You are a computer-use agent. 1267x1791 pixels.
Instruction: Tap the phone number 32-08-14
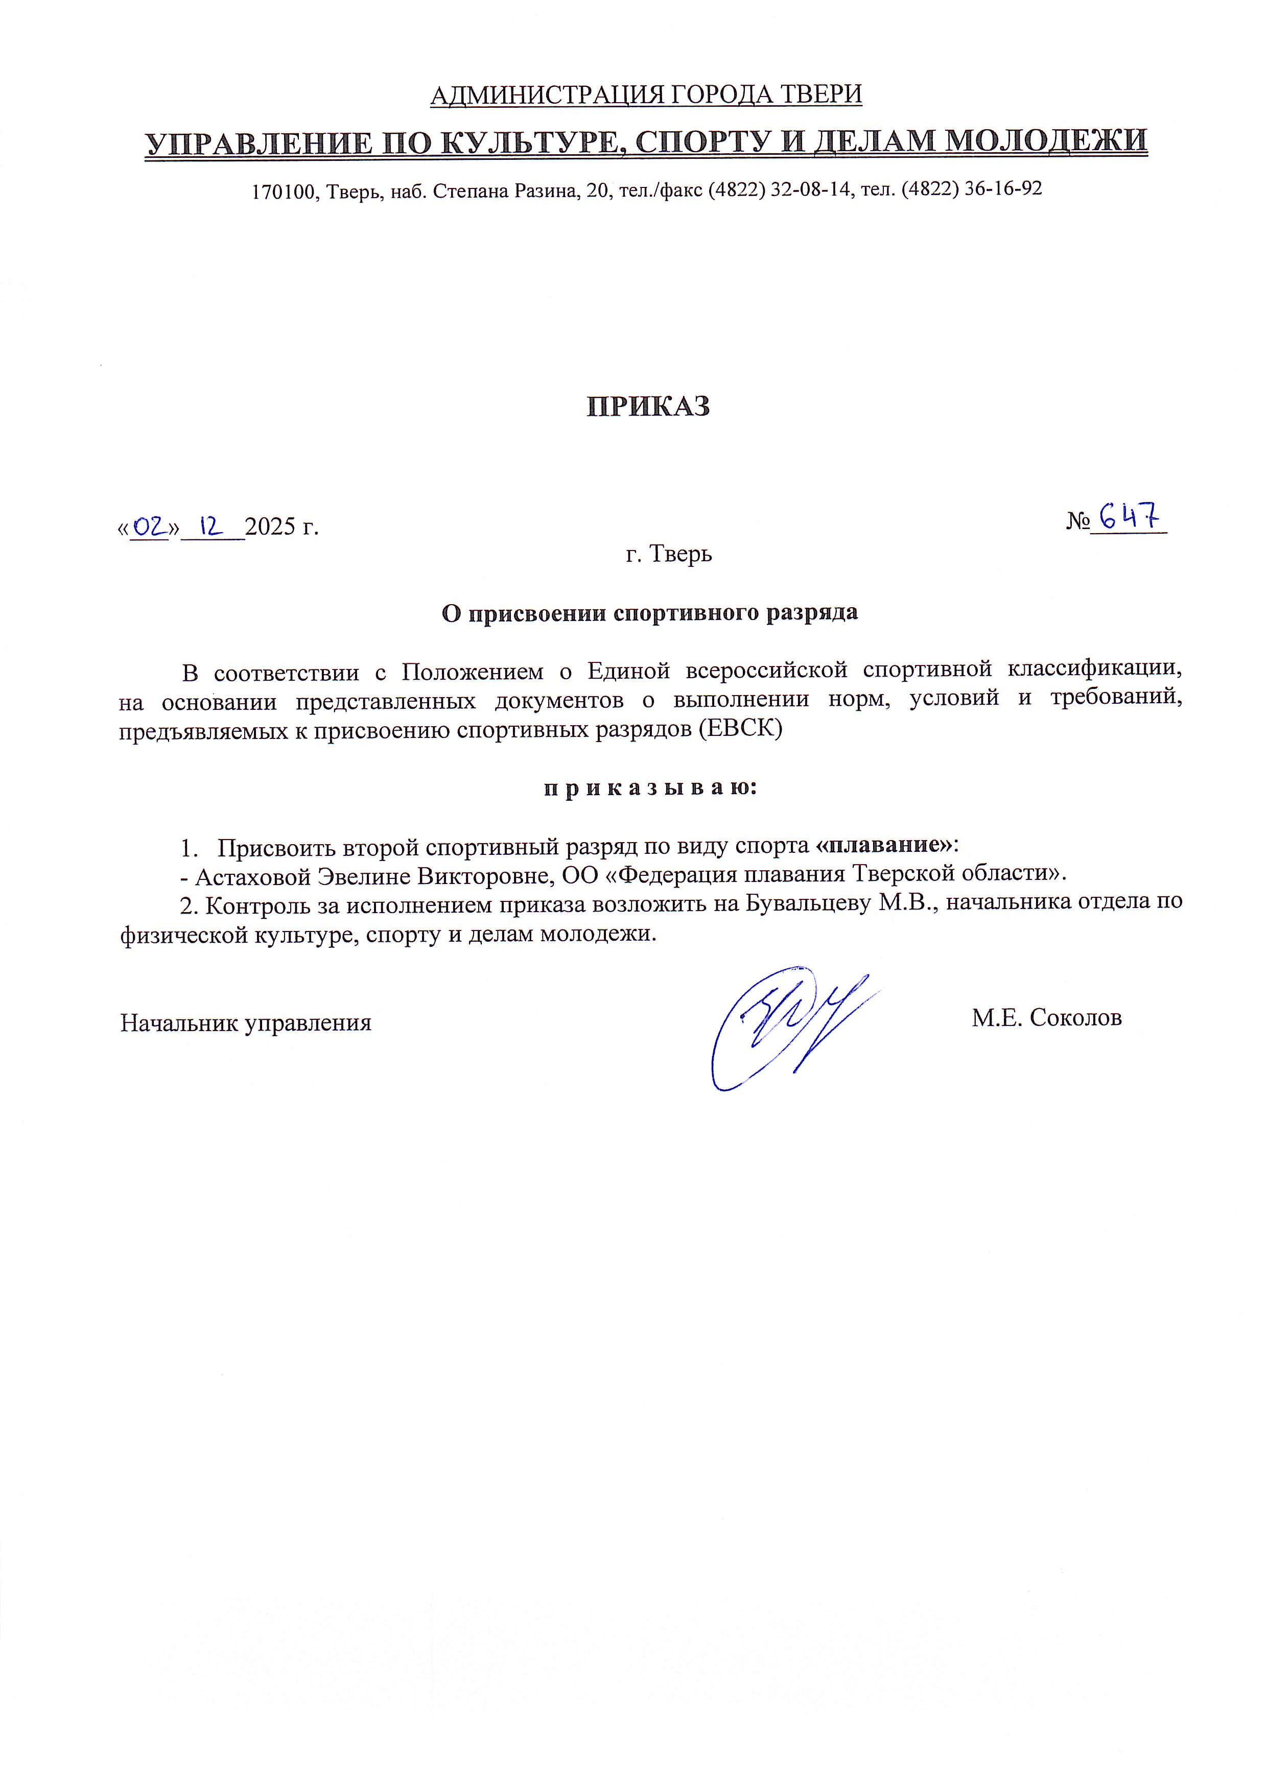812,189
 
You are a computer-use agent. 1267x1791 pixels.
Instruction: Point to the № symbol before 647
1077,521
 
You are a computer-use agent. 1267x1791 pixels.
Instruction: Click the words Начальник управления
246,1022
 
